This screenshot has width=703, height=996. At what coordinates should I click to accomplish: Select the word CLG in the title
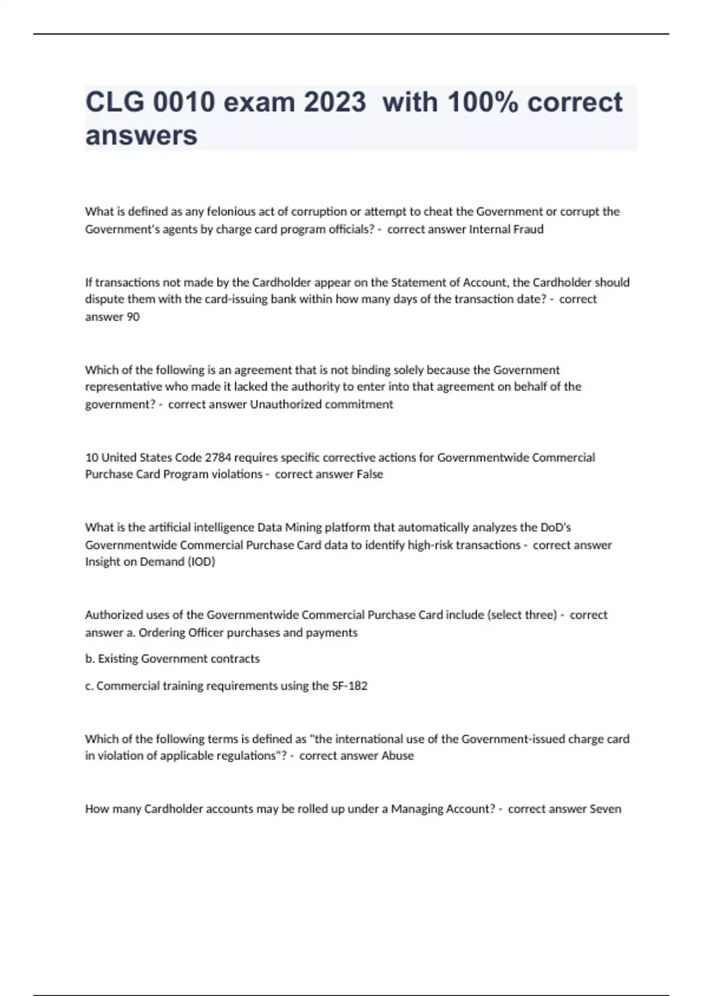(x=114, y=102)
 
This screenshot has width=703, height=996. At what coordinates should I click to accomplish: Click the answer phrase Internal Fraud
(x=506, y=229)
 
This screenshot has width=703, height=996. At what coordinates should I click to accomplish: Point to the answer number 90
(x=133, y=317)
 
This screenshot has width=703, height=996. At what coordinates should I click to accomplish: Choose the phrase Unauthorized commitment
(x=322, y=404)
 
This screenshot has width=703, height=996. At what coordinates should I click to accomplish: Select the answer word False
(x=370, y=474)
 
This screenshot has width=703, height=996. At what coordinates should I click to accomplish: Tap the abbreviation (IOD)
(x=201, y=562)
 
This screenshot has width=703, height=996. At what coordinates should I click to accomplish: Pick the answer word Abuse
(x=398, y=756)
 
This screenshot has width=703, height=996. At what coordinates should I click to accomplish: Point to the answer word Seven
(x=605, y=809)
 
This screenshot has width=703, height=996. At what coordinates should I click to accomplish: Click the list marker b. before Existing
(x=90, y=659)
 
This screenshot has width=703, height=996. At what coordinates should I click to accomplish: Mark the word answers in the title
(x=141, y=135)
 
